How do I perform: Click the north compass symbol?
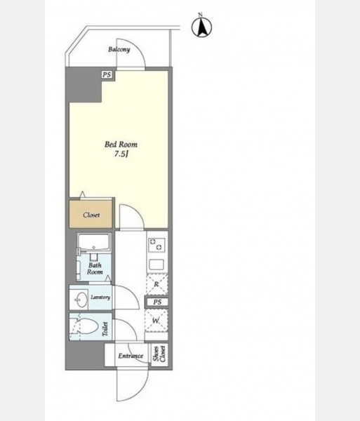click(201, 27)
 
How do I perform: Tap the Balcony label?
click(119, 49)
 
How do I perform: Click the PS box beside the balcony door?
click(107, 74)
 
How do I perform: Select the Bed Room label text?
click(121, 145)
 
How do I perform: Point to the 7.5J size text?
click(121, 154)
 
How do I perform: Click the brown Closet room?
click(91, 214)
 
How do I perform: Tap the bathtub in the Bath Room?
click(94, 243)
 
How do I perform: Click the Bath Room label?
click(95, 269)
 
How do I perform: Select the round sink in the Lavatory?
click(81, 300)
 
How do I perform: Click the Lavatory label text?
click(100, 298)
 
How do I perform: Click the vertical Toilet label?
click(105, 329)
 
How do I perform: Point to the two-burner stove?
click(156, 244)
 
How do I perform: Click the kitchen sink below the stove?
click(156, 265)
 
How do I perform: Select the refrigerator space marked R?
click(156, 284)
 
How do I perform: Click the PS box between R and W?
click(157, 302)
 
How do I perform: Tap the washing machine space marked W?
click(156, 321)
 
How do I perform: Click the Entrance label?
click(131, 356)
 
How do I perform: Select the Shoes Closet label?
click(159, 354)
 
